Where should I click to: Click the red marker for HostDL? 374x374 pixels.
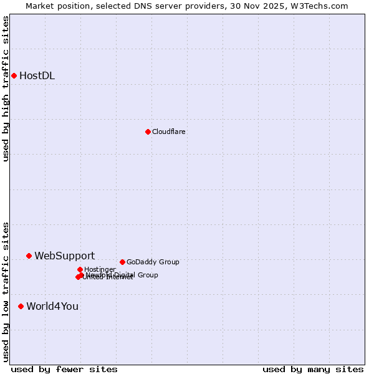coord(14,76)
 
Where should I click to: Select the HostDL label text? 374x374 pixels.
coord(37,76)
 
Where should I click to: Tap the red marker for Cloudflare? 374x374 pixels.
coord(148,132)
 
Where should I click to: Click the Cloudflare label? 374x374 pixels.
coord(168,132)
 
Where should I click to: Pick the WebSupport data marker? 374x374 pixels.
coord(29,256)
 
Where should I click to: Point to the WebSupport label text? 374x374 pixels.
coord(64,256)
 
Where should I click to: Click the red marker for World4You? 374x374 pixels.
coord(21,306)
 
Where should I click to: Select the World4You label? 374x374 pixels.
coord(52,306)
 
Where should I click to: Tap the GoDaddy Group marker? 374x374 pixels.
coord(122,262)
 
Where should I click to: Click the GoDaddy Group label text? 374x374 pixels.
coord(153,262)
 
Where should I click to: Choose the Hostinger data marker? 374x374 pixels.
coord(80,269)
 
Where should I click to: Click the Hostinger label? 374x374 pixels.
coord(100,269)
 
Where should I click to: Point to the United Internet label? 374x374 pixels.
coord(108,277)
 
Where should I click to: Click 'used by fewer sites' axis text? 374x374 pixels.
coord(64,369)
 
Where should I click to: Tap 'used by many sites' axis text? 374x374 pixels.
coord(313,369)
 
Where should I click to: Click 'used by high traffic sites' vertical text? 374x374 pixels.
coord(6,89)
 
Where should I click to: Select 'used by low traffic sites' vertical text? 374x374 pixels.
coord(6,292)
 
